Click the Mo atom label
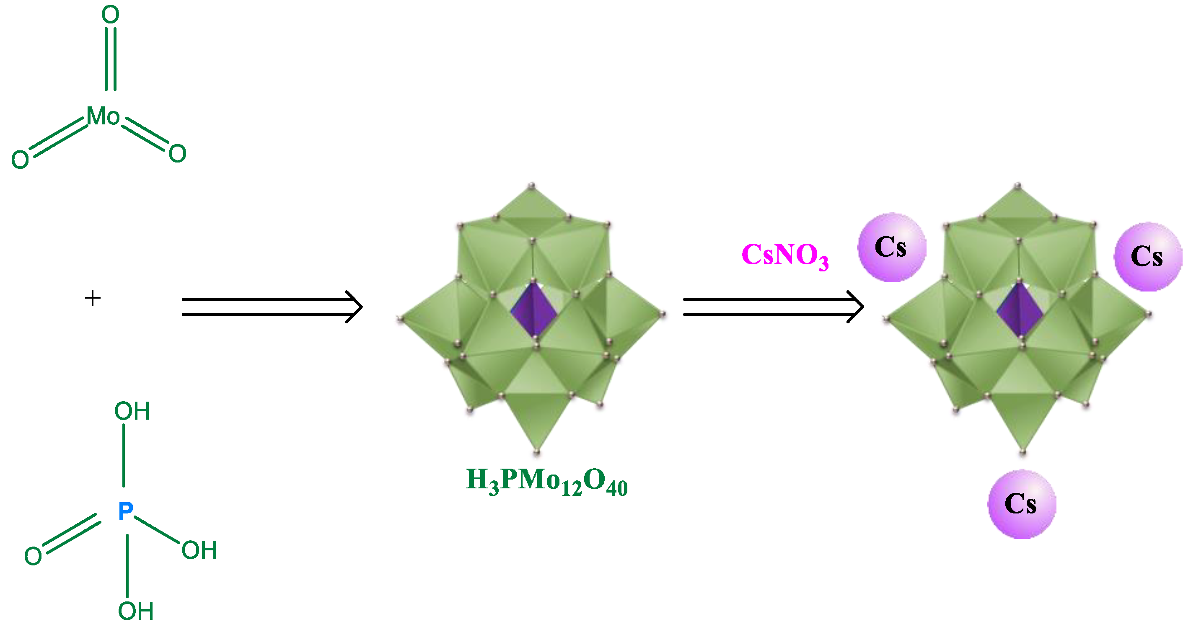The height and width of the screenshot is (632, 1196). [103, 116]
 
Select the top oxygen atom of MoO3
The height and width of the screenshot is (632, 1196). [111, 15]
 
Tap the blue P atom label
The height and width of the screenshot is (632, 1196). [125, 511]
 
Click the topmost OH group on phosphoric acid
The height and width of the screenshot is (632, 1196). [132, 411]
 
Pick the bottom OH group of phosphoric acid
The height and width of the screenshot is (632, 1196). [136, 611]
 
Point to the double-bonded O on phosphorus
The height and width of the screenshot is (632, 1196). [33, 556]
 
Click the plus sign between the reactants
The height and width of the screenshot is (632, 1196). [93, 298]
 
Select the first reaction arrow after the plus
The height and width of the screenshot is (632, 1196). [272, 307]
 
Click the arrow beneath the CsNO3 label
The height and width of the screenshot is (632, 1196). [773, 307]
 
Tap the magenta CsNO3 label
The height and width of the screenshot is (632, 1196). [784, 255]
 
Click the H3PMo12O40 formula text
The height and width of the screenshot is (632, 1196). [546, 481]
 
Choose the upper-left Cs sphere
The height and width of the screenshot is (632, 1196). [891, 248]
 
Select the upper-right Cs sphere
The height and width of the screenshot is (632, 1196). [1148, 257]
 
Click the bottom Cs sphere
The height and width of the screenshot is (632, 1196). [1021, 504]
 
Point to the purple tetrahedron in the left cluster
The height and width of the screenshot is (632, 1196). [534, 309]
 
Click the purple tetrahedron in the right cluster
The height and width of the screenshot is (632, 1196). [1020, 309]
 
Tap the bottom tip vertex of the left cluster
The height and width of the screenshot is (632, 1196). [537, 451]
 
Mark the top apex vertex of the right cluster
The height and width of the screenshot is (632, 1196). [1018, 186]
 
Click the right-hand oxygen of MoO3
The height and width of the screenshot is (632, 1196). [177, 154]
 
